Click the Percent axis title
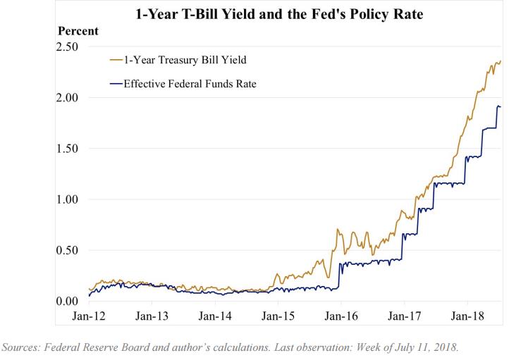pyautogui.click(x=78, y=31)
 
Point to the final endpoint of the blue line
pyautogui.click(x=501, y=107)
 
